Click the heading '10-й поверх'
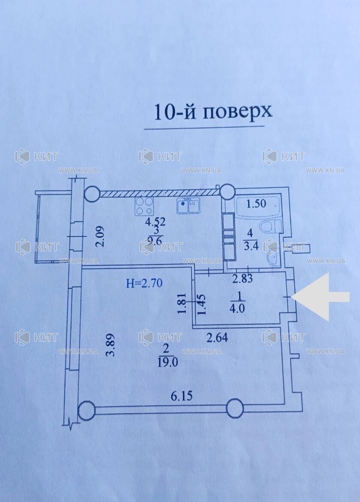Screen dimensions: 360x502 tap(213, 112)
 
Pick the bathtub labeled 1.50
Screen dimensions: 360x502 tap(258, 203)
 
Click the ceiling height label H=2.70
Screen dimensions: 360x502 tap(144, 283)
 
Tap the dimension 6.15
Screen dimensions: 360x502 tap(182, 396)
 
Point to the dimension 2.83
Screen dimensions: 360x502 tap(243, 278)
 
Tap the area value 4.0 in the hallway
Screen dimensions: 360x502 tap(238, 309)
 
